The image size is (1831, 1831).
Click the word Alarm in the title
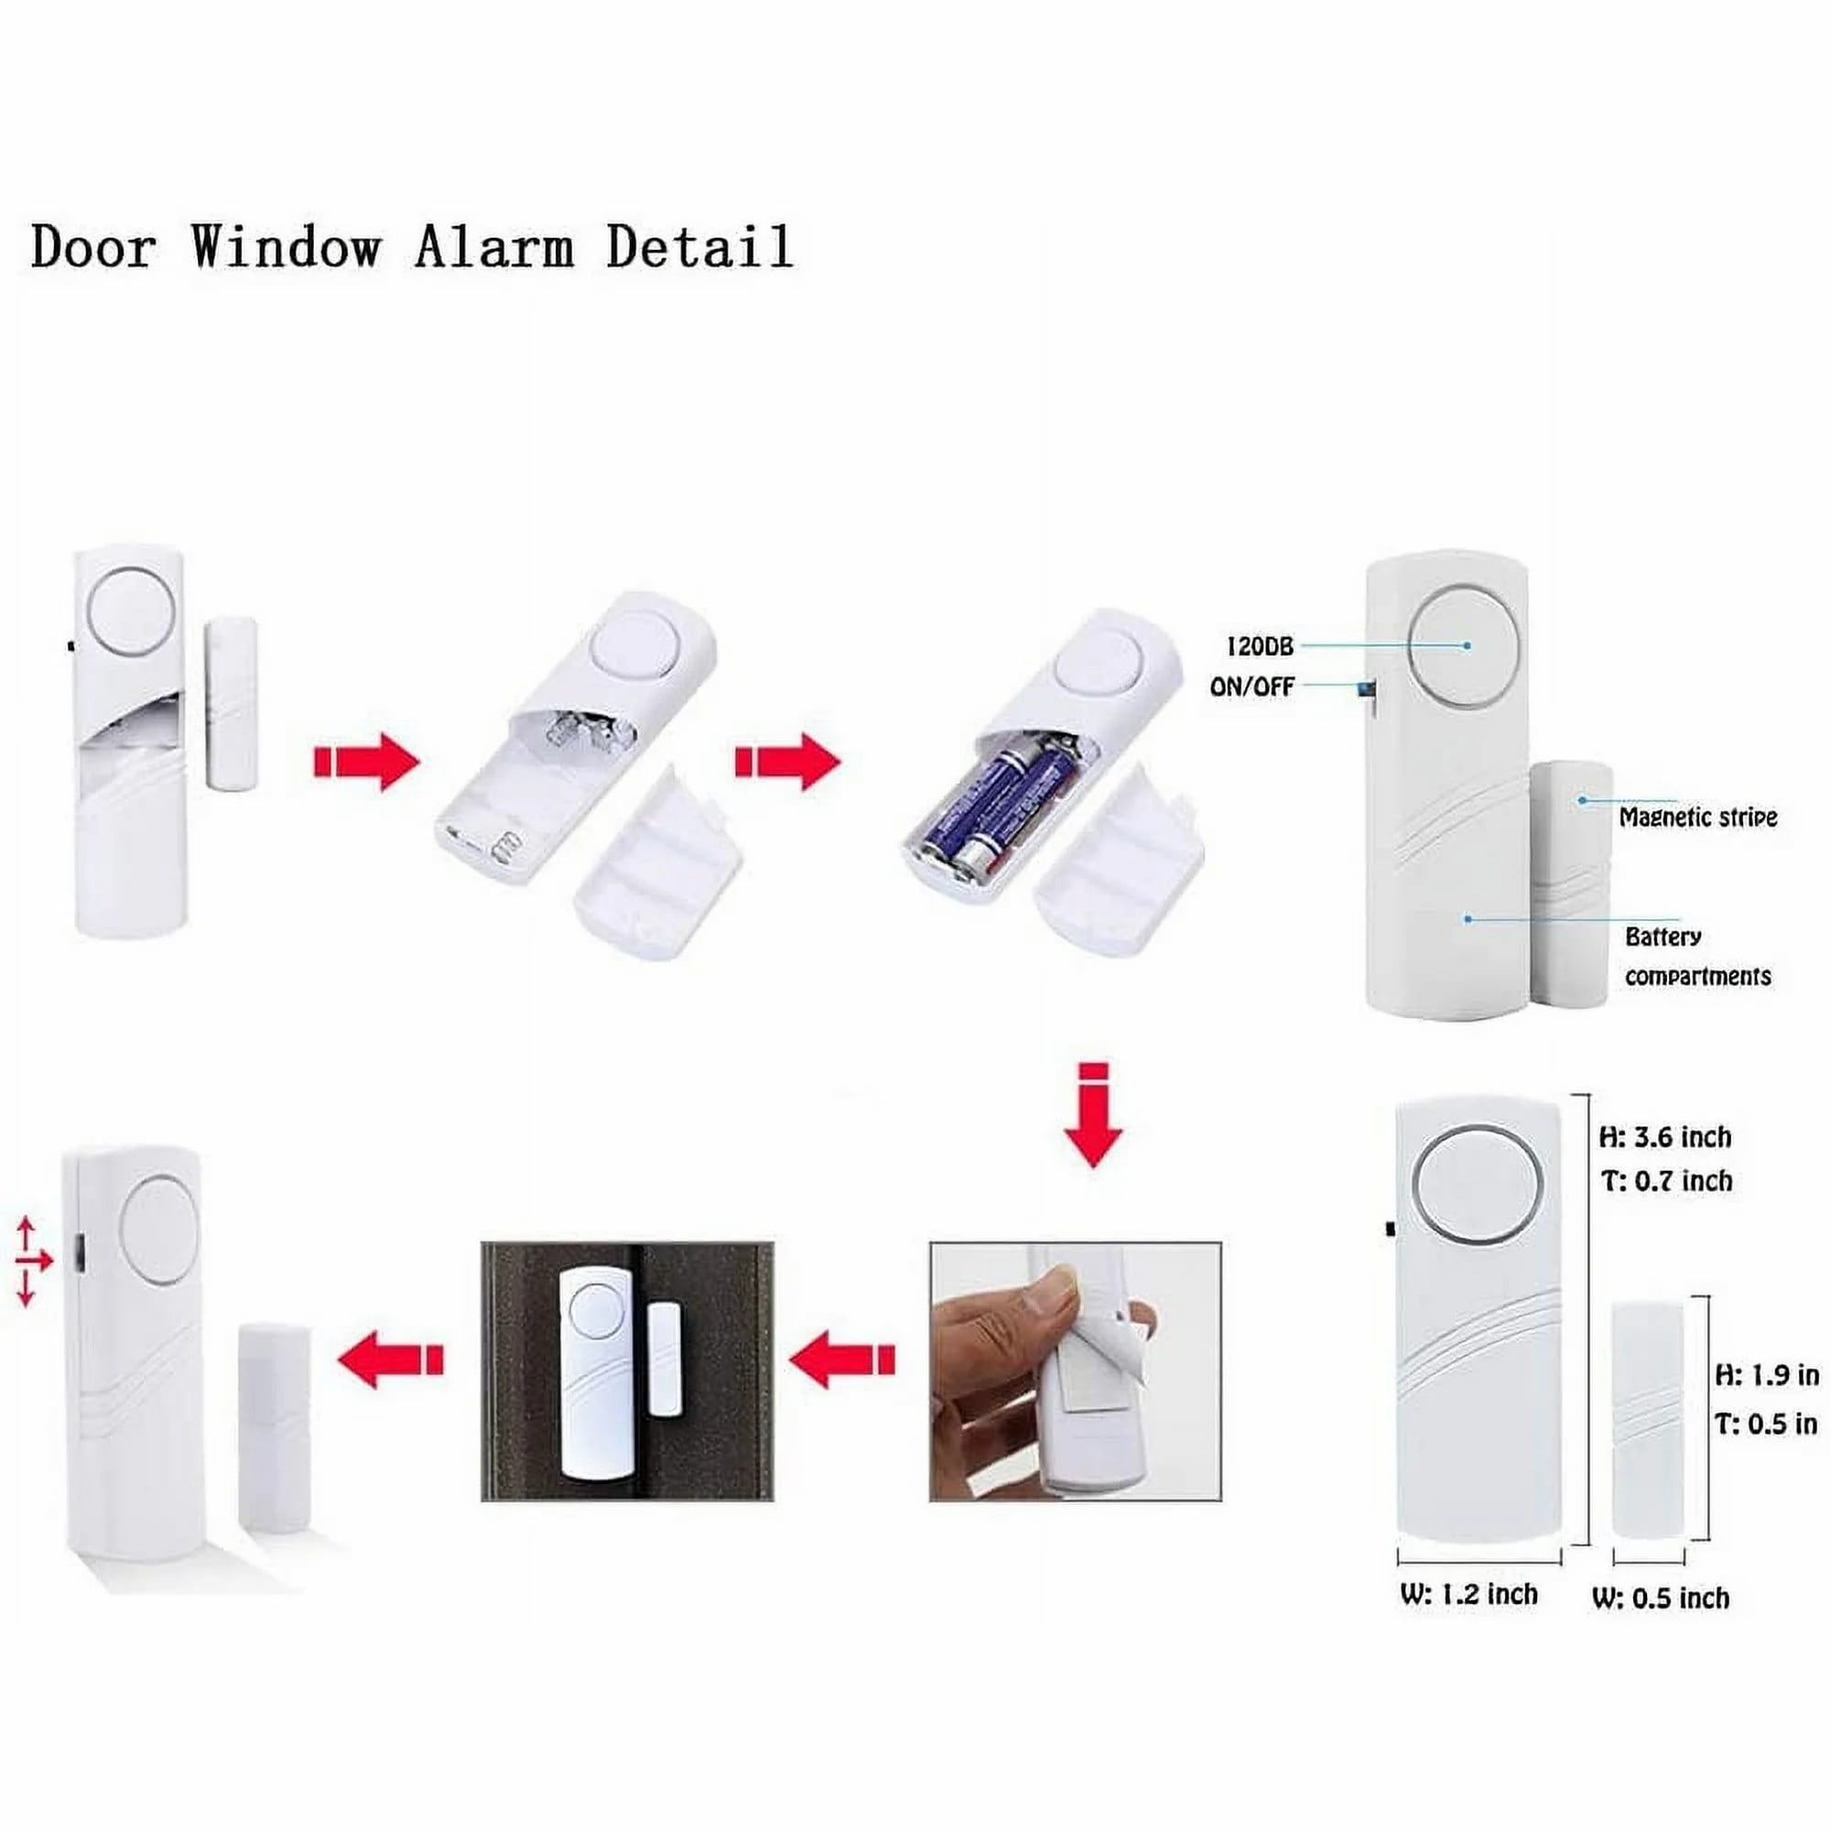tap(493, 248)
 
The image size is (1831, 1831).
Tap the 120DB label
tap(1260, 646)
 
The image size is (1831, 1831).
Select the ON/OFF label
tap(1251, 688)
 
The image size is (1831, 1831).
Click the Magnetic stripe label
tap(1697, 817)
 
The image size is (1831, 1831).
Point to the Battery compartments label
tap(1696, 957)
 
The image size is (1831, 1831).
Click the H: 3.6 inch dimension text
tap(1665, 1136)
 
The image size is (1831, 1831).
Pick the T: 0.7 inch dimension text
tap(1666, 1181)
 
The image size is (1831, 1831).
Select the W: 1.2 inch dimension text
tap(1468, 1594)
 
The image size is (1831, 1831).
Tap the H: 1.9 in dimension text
tap(1767, 1374)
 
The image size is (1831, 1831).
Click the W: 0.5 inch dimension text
tap(1661, 1598)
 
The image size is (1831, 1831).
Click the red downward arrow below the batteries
tap(1094, 1115)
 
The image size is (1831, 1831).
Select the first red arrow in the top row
tap(366, 761)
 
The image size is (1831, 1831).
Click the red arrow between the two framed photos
tap(841, 1360)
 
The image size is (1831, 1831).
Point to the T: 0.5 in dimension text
tap(1767, 1424)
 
